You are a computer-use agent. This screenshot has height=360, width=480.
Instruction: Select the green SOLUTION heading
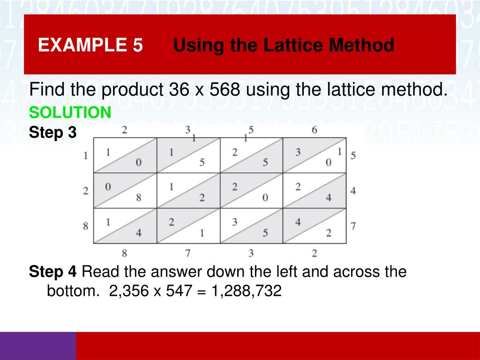(x=70, y=112)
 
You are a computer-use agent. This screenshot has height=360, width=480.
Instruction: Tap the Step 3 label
(x=52, y=133)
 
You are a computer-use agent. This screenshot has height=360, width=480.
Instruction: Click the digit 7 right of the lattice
(x=352, y=226)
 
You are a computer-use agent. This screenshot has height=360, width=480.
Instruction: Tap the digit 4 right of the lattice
(x=352, y=191)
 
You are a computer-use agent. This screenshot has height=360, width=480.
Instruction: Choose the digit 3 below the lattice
(x=251, y=254)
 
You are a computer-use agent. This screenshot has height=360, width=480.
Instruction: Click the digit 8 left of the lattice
(x=86, y=226)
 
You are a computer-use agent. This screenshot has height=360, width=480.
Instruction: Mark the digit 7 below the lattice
(x=187, y=254)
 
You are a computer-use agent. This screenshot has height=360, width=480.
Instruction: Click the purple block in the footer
(x=37, y=346)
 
